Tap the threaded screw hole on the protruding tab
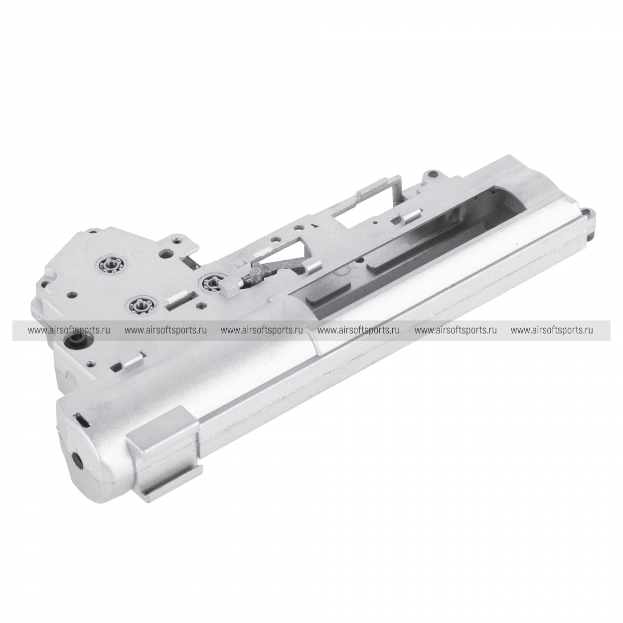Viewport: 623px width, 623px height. click(x=176, y=240)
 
